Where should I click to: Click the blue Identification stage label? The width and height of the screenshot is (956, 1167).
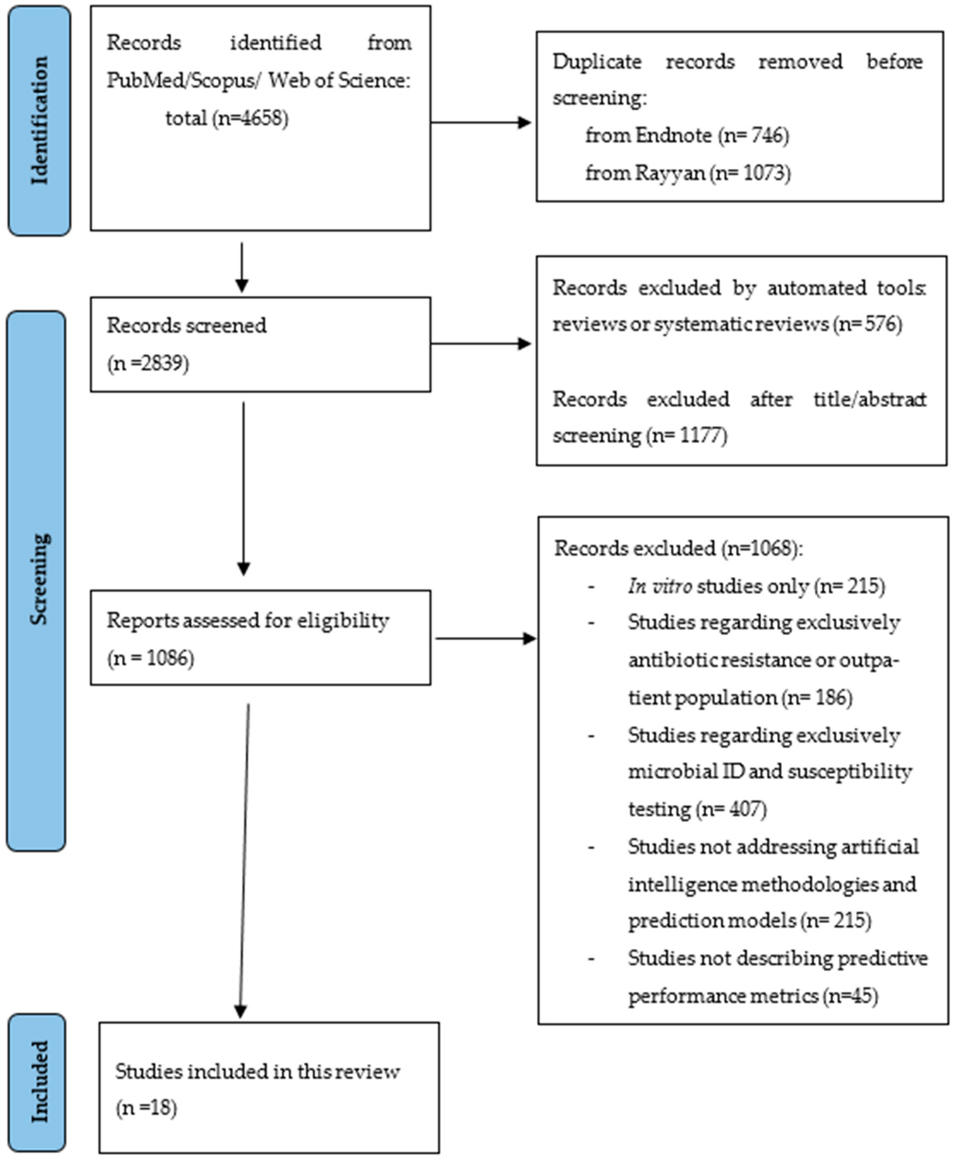pyautogui.click(x=39, y=121)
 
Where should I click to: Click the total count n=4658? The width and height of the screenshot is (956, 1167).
pyautogui.click(x=251, y=118)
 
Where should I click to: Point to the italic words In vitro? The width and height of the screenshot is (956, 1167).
pyautogui.click(x=659, y=586)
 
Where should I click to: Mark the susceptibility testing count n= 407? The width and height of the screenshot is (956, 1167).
pyautogui.click(x=731, y=809)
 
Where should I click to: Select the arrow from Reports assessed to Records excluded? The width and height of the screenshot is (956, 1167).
pyautogui.click(x=485, y=639)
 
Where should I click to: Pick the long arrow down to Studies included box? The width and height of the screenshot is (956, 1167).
pyautogui.click(x=244, y=859)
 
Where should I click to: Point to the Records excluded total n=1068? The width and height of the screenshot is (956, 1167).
pyautogui.click(x=760, y=548)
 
